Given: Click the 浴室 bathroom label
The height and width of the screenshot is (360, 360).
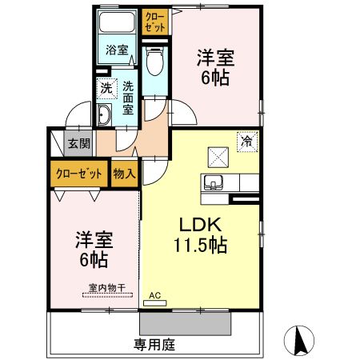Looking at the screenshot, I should click(x=117, y=50).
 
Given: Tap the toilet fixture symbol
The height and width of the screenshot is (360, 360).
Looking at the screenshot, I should click(x=154, y=60).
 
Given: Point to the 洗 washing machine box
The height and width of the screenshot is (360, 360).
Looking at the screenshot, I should click(x=106, y=88).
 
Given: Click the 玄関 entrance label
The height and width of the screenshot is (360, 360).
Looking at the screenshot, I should click(x=78, y=144).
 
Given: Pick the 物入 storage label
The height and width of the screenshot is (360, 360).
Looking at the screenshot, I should click(x=124, y=173).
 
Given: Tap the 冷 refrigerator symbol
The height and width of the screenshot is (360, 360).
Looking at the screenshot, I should click(x=246, y=142).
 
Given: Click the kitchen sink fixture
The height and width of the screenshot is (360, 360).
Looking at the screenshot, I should click(x=214, y=181).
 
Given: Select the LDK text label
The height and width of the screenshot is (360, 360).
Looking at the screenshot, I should click(x=199, y=224).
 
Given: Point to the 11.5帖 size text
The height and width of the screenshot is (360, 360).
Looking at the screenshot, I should click(x=201, y=245).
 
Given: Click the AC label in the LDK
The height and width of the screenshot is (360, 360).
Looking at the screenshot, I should click(x=155, y=295).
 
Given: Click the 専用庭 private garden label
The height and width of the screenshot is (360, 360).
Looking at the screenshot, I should click(x=154, y=346).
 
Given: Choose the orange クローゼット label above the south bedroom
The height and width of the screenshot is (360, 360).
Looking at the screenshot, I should click(x=78, y=173).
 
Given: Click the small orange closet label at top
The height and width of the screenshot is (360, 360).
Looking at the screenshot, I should click(x=155, y=22).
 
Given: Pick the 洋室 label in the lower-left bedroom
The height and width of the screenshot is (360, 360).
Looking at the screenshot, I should click(x=94, y=239).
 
